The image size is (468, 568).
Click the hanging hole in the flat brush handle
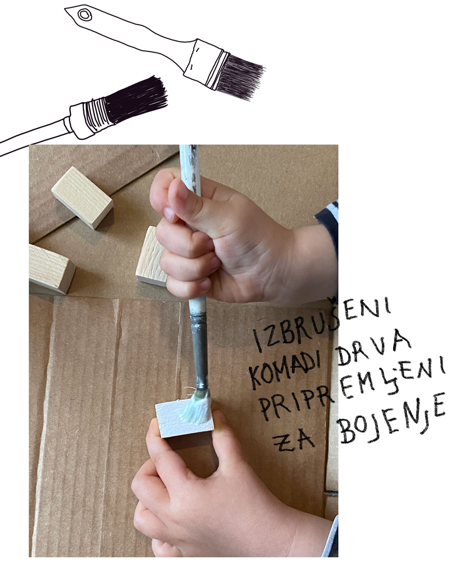tap(84, 14)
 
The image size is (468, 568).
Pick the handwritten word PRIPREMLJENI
tap(353, 388)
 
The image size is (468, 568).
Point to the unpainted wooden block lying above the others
tap(82, 197)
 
